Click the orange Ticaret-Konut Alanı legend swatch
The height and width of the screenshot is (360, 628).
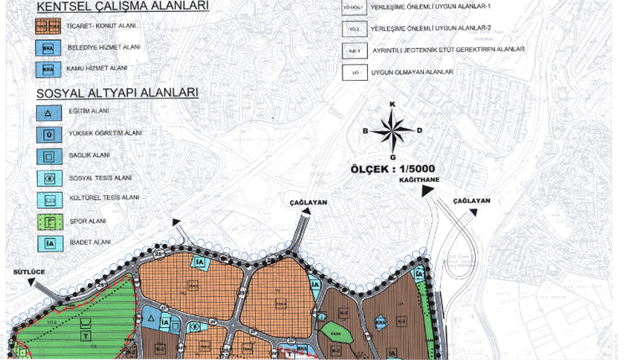49,26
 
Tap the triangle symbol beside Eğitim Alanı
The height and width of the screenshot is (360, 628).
49,112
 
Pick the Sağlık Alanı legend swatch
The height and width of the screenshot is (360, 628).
49,155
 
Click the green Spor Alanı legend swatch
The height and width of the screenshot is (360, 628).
49,220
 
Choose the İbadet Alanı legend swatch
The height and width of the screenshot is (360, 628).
49,242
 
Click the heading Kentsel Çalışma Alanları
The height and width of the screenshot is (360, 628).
111,6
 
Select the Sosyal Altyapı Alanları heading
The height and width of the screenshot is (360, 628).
117,92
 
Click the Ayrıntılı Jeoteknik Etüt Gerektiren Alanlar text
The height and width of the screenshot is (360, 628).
448,50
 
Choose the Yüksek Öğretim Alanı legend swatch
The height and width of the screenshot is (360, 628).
49,134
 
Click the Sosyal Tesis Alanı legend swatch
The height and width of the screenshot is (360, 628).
49,178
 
